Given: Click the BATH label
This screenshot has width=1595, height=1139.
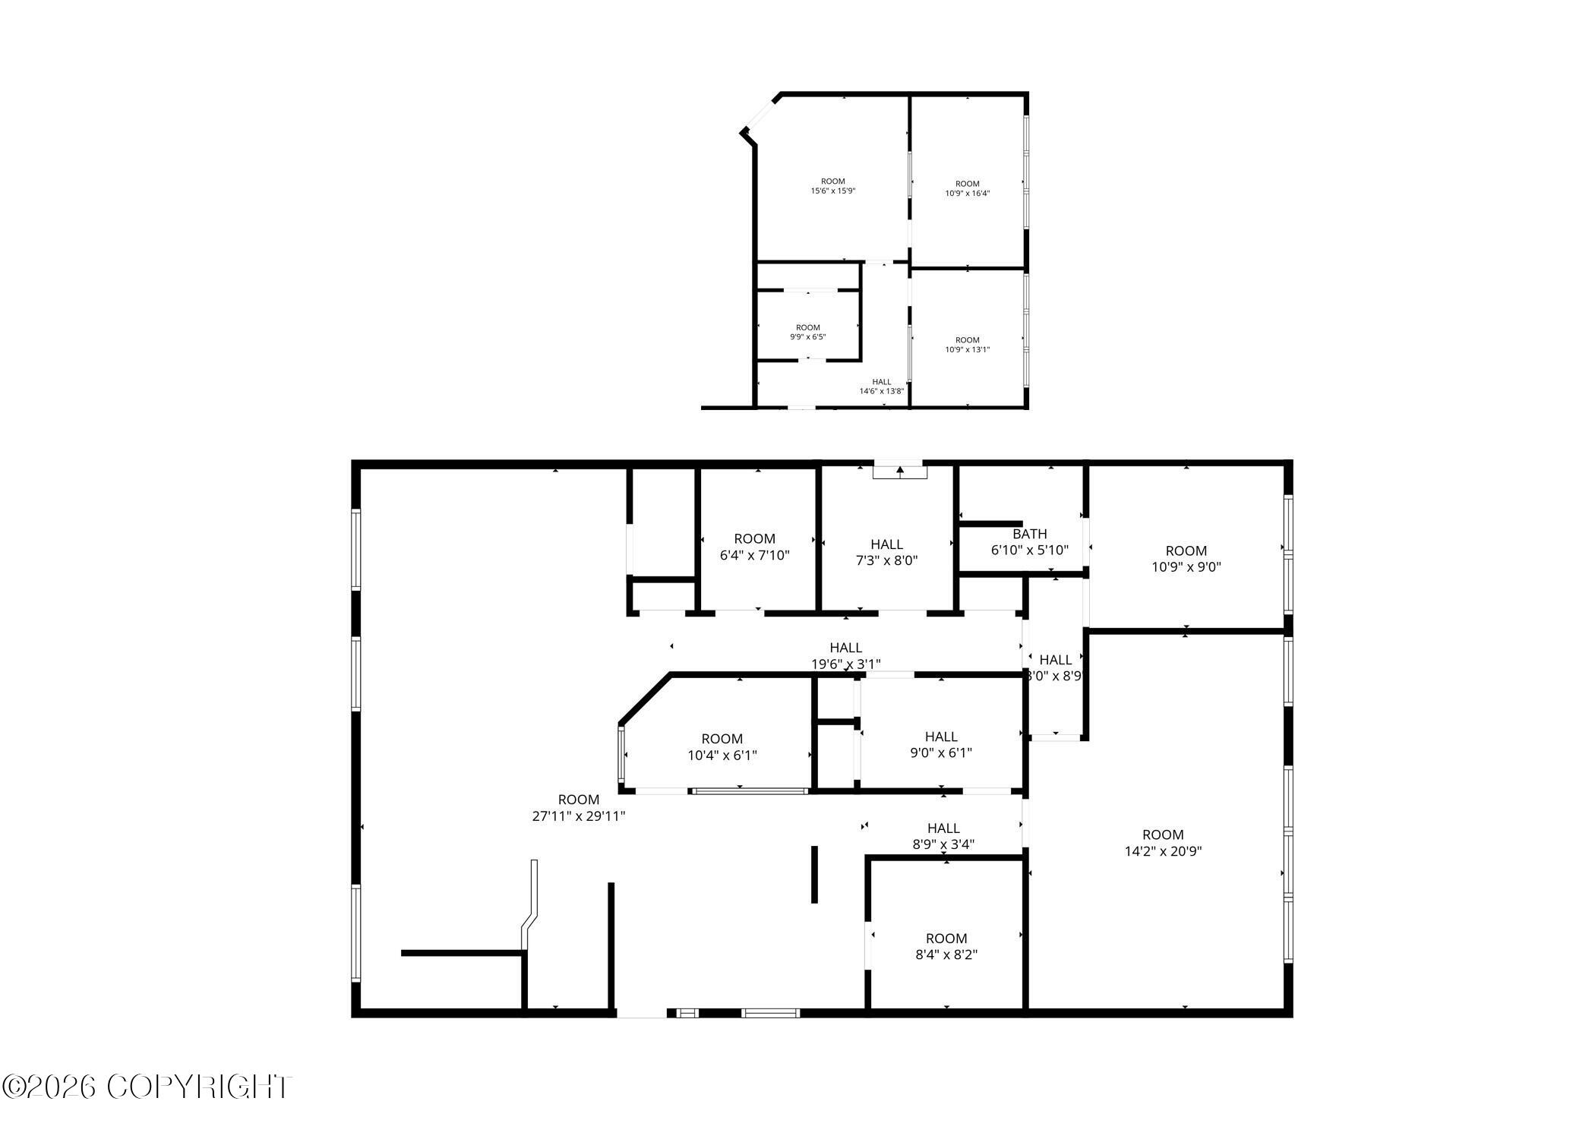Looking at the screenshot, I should click(x=1029, y=534).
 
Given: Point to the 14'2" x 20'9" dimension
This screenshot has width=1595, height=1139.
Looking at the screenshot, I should click(x=1163, y=851).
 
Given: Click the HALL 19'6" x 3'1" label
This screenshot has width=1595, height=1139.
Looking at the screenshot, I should click(x=845, y=655).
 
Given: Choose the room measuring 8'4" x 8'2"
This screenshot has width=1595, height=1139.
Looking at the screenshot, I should click(x=946, y=946).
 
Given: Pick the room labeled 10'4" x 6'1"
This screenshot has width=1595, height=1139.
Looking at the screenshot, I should click(x=722, y=746).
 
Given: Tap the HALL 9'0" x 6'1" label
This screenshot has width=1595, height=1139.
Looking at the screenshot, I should click(x=941, y=744).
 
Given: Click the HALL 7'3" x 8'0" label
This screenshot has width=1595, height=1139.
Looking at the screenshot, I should click(x=886, y=552).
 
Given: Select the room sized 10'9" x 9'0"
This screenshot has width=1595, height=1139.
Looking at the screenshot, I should click(x=1186, y=558).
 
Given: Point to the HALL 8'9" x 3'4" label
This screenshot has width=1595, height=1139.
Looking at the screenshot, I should click(x=943, y=835).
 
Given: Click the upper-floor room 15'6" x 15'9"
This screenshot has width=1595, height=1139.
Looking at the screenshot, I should click(x=832, y=186).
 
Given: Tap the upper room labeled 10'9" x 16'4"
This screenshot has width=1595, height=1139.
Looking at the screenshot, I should click(x=967, y=188).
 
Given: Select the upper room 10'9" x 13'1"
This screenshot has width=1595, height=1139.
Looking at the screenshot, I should click(x=967, y=345).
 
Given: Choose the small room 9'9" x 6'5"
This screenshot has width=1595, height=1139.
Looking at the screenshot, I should click(x=807, y=332).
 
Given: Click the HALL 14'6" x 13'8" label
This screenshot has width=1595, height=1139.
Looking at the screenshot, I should click(x=881, y=387).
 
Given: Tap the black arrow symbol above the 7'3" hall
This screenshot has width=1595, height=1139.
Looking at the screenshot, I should click(x=900, y=471).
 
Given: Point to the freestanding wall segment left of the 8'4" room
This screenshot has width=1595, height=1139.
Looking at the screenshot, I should click(x=814, y=874).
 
